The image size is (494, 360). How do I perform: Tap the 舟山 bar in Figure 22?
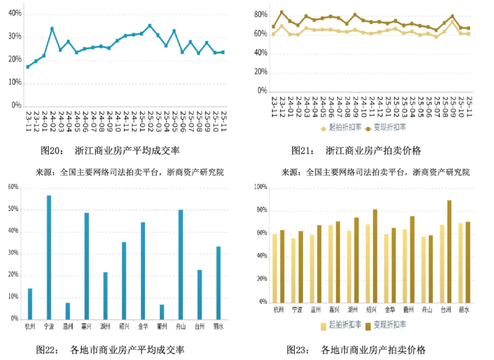(x=181, y=264)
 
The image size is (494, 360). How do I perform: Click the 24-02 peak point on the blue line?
(x=52, y=28)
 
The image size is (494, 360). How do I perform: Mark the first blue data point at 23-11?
(x=28, y=66)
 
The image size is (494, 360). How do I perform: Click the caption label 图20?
(x=52, y=151)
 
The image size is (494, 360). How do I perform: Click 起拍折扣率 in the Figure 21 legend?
(x=343, y=127)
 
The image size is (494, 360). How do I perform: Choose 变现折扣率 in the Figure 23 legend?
(x=390, y=325)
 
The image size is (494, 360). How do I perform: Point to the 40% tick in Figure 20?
(x=14, y=14)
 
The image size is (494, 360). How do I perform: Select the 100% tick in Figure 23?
(x=260, y=187)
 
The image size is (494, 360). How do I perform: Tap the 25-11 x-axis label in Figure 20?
(x=223, y=122)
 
